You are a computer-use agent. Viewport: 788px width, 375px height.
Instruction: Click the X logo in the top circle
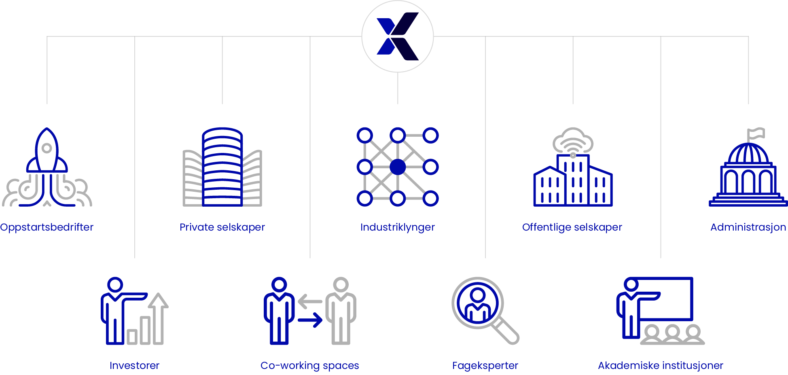[x=398, y=36]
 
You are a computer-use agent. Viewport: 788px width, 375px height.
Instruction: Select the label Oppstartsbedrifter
[x=47, y=227]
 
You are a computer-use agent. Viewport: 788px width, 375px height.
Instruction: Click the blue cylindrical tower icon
[x=222, y=167]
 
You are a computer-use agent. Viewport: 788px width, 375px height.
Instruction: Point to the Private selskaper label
[x=222, y=227]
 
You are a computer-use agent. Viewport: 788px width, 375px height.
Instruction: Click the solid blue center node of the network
[x=398, y=167]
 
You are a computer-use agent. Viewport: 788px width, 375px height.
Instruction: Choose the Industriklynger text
[x=398, y=227]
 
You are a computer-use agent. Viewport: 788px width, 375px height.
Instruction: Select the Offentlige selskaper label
[x=572, y=227]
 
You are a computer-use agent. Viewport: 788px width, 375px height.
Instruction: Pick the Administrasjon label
[x=748, y=227]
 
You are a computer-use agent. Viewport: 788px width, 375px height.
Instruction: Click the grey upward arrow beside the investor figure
[x=158, y=318]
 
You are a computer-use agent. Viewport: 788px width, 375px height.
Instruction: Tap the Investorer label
[x=134, y=366]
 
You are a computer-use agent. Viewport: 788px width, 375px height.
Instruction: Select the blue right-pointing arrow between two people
[x=310, y=320]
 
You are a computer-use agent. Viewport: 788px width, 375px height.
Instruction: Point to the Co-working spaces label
[x=310, y=366]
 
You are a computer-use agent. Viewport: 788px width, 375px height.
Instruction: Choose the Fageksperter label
[x=485, y=366]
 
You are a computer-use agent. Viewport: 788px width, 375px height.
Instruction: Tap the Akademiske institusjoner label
[x=661, y=366]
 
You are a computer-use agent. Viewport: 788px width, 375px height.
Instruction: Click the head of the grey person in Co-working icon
[x=341, y=285]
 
